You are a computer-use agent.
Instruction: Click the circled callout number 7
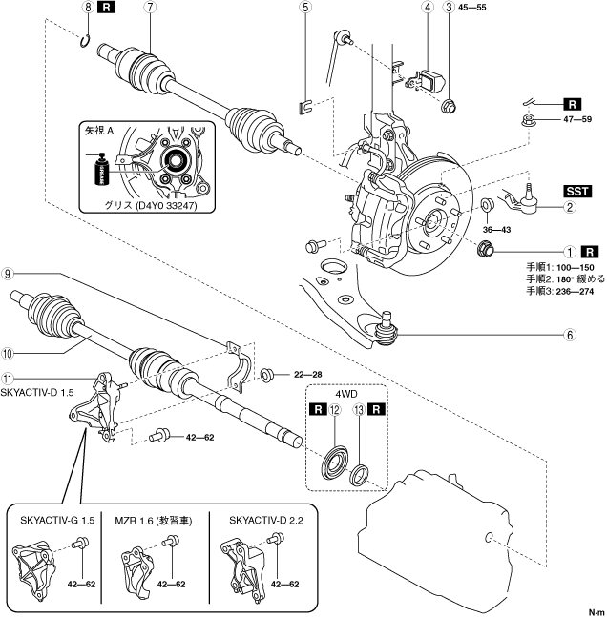(150, 7)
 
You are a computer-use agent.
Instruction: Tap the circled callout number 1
(570, 252)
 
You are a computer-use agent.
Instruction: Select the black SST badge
(577, 192)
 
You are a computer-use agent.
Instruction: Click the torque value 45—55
(471, 8)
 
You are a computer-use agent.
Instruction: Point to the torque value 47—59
(577, 119)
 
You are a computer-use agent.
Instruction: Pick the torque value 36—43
(496, 230)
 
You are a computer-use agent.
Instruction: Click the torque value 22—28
(308, 375)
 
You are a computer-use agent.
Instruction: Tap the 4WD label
(346, 394)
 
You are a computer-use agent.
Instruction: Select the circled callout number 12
(335, 410)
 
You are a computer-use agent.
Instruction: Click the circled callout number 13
(359, 410)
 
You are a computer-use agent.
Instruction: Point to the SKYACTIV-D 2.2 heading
(266, 520)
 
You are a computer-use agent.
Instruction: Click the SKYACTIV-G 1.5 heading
(57, 520)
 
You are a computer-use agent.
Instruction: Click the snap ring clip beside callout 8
(85, 41)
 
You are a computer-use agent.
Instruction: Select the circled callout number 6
(570, 335)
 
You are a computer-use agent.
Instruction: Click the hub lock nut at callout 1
(485, 249)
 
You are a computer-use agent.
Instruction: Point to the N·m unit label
(597, 612)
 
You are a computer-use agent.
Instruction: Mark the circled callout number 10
(7, 354)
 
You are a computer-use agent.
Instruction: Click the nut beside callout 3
(449, 106)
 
